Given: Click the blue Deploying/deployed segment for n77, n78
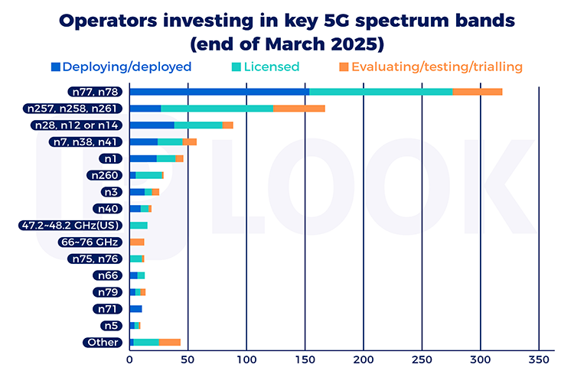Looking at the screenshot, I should (219, 92).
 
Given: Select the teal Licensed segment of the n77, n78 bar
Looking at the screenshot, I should (380, 92).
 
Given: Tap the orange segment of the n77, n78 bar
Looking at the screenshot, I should (477, 92).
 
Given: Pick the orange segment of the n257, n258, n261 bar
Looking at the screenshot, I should (298, 109).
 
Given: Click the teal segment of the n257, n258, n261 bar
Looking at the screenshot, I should (217, 109).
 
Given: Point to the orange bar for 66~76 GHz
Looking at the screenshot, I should (137, 242).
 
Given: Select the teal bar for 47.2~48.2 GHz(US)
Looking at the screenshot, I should (139, 225).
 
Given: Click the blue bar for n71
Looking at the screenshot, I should (135, 309).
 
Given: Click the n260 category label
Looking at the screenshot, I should (104, 175).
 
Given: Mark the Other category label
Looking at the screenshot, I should (103, 343).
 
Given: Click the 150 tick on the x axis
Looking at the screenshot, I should (305, 358).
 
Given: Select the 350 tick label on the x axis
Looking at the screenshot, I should (539, 358).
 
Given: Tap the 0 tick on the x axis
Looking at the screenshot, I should (129, 358).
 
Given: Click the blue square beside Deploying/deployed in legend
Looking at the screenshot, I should (55, 67).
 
